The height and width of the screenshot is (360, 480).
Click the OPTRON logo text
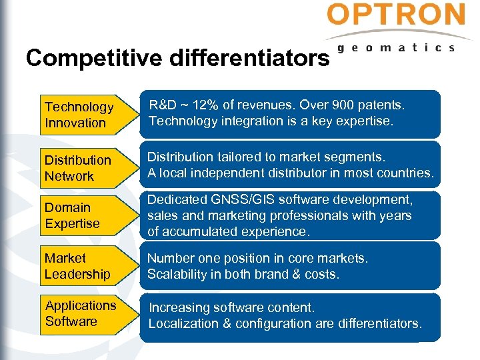point(396,15)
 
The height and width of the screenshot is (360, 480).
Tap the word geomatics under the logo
point(396,48)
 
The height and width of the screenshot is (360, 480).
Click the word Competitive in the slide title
point(93,59)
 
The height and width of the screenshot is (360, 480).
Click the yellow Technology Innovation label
point(80,115)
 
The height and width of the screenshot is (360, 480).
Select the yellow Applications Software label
point(81,313)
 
